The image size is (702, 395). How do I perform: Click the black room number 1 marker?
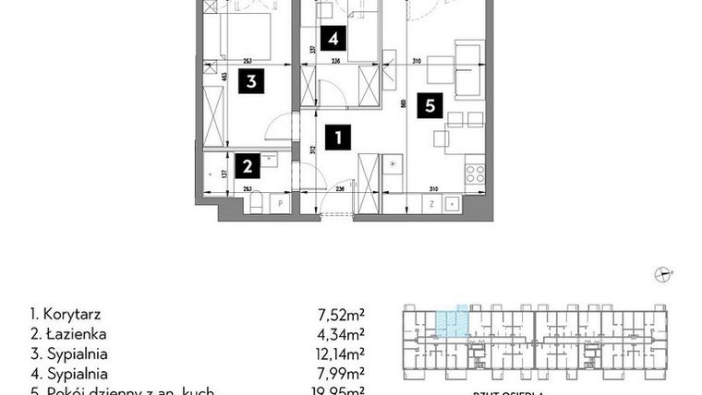[339, 139]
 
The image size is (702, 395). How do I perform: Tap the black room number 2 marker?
[248, 166]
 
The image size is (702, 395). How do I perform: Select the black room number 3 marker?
[250, 81]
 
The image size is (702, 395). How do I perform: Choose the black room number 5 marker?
[429, 106]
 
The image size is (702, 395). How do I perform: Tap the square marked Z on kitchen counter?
[430, 203]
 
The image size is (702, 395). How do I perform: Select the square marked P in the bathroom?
[279, 203]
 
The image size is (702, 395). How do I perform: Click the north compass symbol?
[661, 272]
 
